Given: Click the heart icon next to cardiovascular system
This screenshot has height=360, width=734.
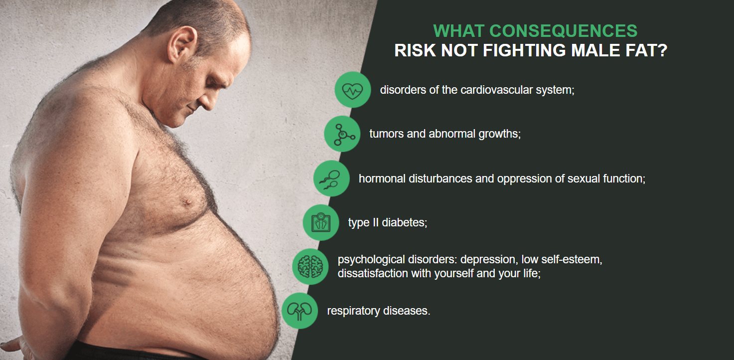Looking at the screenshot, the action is click(353, 90).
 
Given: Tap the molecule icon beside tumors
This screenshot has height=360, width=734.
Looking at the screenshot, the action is click(342, 134).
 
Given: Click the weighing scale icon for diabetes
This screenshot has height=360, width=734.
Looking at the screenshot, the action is click(321, 222).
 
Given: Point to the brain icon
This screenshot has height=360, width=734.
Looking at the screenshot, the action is click(310, 267).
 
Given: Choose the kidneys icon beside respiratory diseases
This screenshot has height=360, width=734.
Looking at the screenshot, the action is click(299, 311).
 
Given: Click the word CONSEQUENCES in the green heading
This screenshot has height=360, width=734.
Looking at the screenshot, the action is click(563, 31).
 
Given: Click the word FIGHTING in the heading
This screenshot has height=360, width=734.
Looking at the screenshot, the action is click(524, 50).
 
